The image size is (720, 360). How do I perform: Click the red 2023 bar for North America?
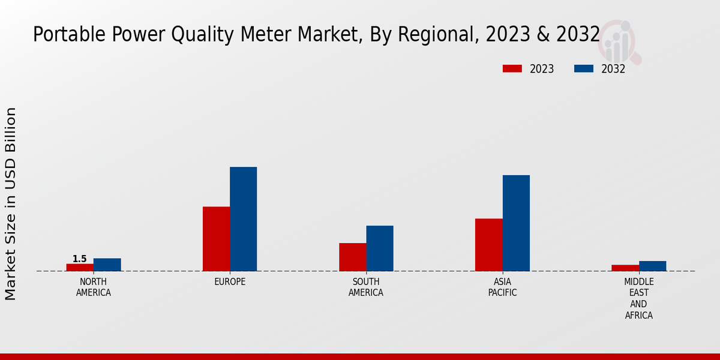pyautogui.click(x=80, y=268)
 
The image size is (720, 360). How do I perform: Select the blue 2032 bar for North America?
pyautogui.click(x=107, y=265)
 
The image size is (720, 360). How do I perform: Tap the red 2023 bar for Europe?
pyautogui.click(x=216, y=239)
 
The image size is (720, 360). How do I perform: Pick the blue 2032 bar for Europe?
pyautogui.click(x=244, y=219)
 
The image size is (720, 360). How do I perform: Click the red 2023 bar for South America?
pyautogui.click(x=352, y=257)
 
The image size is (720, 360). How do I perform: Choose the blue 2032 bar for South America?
pyautogui.click(x=380, y=248)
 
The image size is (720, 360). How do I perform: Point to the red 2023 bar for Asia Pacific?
pyautogui.click(x=488, y=245)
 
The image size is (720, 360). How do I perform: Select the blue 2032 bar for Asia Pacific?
pyautogui.click(x=516, y=223)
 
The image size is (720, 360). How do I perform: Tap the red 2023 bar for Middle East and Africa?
pyautogui.click(x=625, y=268)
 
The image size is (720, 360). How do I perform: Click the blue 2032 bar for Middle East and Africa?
pyautogui.click(x=652, y=266)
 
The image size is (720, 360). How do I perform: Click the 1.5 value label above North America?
pyautogui.click(x=80, y=259)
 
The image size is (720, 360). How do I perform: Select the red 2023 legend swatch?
pyautogui.click(x=512, y=69)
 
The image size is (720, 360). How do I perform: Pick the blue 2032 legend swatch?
pyautogui.click(x=584, y=69)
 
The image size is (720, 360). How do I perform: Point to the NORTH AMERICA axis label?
pyautogui.click(x=94, y=287)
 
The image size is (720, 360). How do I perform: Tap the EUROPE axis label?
pyautogui.click(x=230, y=281)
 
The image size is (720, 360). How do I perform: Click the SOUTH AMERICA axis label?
pyautogui.click(x=366, y=287)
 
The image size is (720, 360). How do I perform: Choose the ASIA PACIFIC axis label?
pyautogui.click(x=502, y=287)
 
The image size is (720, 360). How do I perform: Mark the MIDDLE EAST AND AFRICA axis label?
pyautogui.click(x=638, y=298)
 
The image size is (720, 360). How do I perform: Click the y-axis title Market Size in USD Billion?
pyautogui.click(x=11, y=204)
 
